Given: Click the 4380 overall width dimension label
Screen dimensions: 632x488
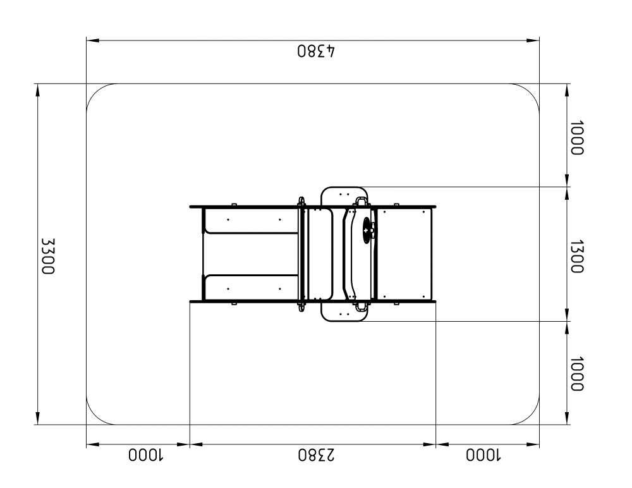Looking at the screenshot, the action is point(317,51).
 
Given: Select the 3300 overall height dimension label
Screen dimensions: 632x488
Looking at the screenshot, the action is point(48,256).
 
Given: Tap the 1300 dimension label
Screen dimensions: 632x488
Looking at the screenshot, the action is point(577,257).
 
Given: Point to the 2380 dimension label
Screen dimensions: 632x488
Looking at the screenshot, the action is point(317,454).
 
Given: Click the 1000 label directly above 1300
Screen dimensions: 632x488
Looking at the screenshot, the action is point(577,138).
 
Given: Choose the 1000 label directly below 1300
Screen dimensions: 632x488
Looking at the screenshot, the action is point(577,374).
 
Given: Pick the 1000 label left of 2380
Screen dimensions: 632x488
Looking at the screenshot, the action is point(145,454).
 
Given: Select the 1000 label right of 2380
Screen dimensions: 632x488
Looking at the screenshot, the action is point(483,454).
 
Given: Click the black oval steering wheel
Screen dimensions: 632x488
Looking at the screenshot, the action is point(367,230).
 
